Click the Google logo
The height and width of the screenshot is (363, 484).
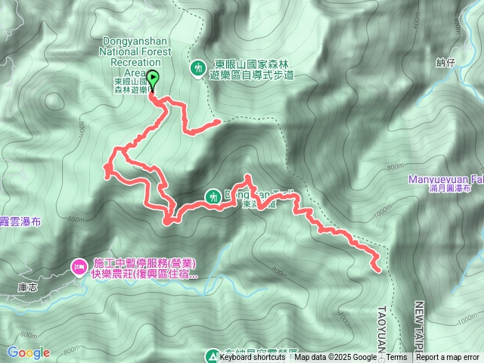(x=28, y=352)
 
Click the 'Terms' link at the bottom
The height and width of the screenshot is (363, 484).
(x=396, y=358)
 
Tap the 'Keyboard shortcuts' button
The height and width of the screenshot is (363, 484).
(x=252, y=358)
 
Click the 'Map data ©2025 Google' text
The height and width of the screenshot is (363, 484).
(x=335, y=358)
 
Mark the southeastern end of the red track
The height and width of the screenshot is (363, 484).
(x=377, y=267)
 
